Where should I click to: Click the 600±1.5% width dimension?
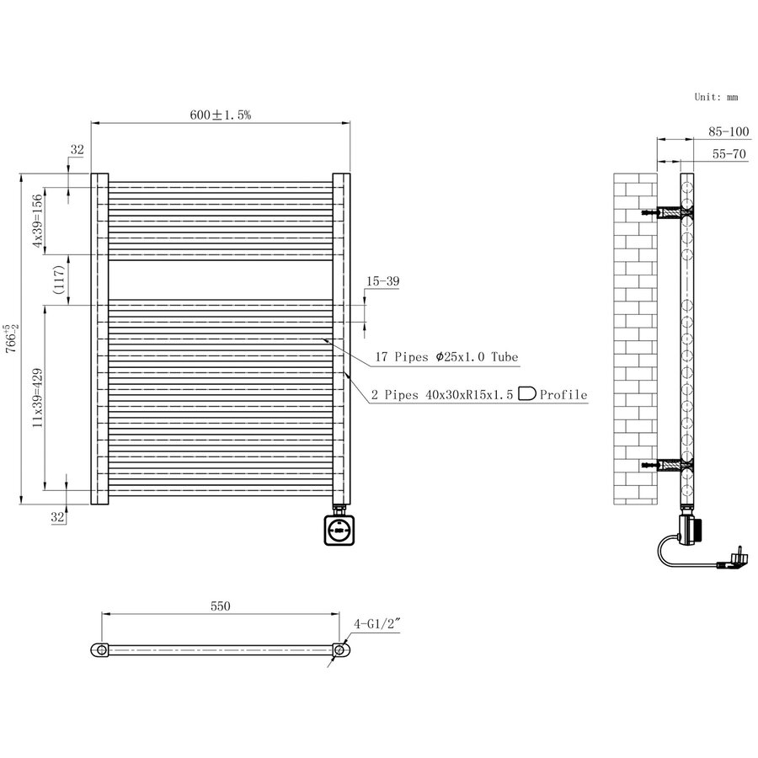[x=220, y=115]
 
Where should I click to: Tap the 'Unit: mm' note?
[x=715, y=97]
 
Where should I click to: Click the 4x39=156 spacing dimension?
[x=37, y=222]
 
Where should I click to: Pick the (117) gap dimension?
[x=58, y=280]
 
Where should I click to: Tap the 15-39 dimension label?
[x=382, y=282]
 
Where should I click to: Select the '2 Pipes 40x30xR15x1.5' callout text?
[x=443, y=394]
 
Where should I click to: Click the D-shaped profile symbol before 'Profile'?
[x=527, y=393]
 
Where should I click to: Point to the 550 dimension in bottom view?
[x=220, y=606]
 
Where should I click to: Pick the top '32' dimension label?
[x=77, y=151]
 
